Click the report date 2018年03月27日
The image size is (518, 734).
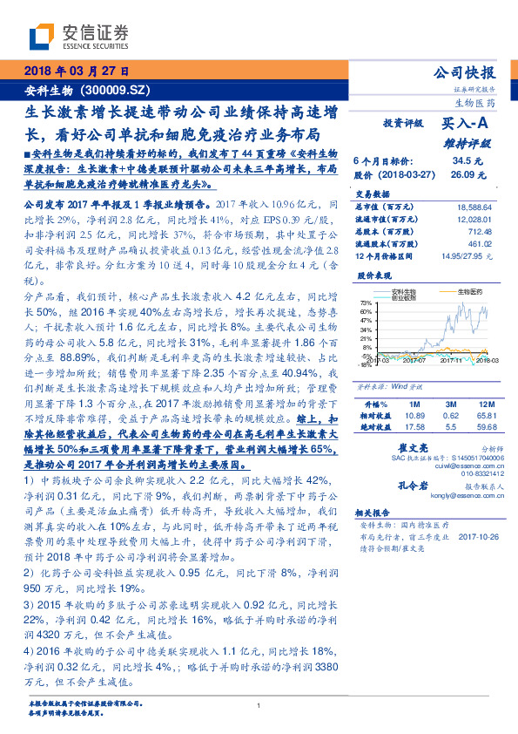(x=75, y=71)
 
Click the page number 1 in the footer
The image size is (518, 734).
(x=259, y=705)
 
